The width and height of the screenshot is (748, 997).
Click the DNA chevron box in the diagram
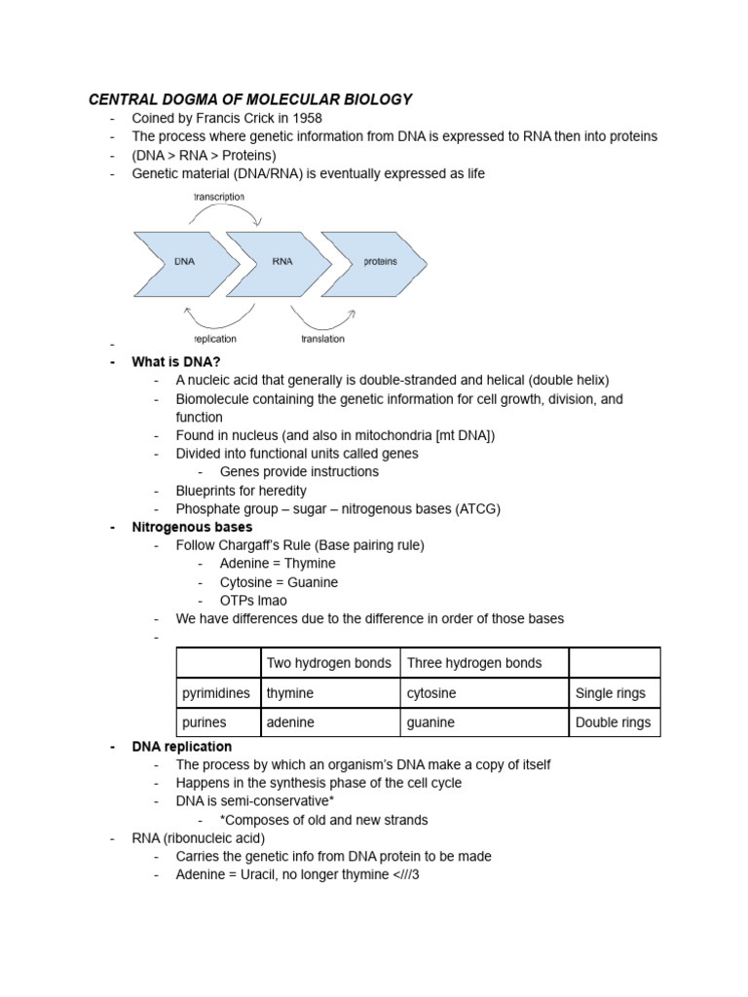tap(185, 263)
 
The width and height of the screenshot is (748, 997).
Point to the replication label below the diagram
tap(214, 339)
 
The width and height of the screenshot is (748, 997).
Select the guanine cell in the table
tap(483, 722)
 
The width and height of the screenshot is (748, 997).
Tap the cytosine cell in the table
tap(483, 693)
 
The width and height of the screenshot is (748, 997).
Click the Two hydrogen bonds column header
tap(329, 663)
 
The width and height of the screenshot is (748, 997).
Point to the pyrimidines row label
tap(216, 693)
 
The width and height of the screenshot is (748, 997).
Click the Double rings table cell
tap(614, 722)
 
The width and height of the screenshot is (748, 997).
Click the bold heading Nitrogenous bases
tap(192, 527)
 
